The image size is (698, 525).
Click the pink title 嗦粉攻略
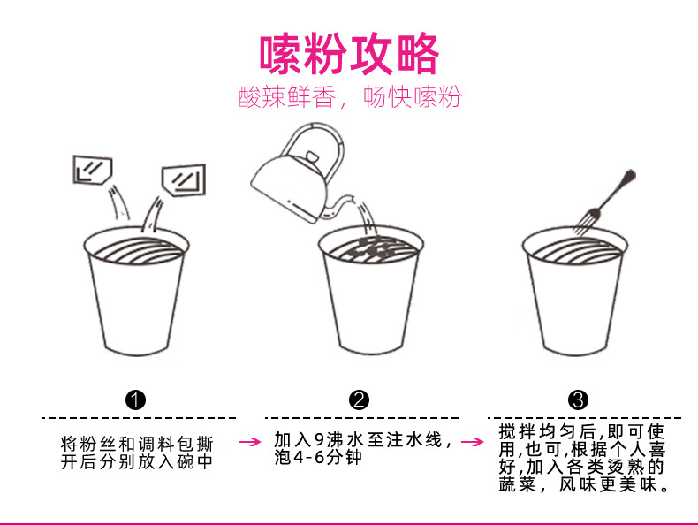pos(349,54)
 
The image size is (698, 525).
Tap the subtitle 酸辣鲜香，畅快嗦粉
pos(350,96)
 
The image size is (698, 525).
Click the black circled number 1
pos(136,399)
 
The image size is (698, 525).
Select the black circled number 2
pos(360,399)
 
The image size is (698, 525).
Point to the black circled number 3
pos(578,399)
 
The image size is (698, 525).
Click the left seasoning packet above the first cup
pos(93,170)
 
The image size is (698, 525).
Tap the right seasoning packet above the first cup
pos(184,180)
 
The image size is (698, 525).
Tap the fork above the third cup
pos(604,202)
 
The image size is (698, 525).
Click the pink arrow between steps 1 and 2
pos(249,442)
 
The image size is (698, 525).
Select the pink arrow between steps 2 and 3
pos(473,442)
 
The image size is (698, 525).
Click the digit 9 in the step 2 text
pos(319,440)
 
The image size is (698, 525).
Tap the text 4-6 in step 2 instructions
pos(308,457)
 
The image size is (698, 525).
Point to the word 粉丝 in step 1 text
pos(99,444)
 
